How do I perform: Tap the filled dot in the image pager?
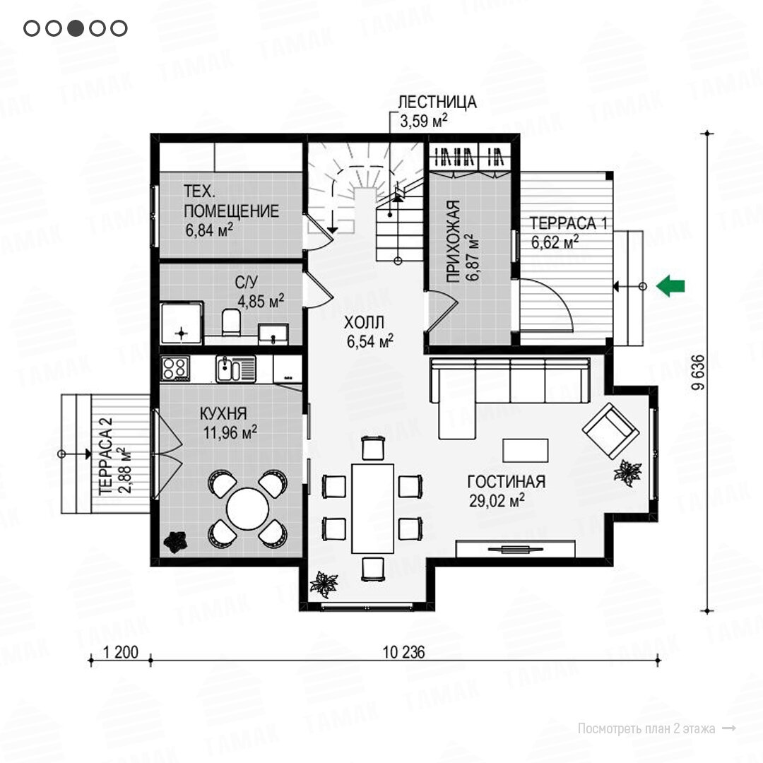click(x=76, y=28)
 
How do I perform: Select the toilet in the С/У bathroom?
click(x=231, y=321)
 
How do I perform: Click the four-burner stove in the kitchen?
click(x=175, y=368)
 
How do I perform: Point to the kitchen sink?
click(x=235, y=369)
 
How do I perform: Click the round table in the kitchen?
click(x=247, y=509)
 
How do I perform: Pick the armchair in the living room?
click(x=610, y=431)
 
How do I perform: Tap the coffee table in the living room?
click(x=526, y=450)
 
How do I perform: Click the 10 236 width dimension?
click(x=404, y=652)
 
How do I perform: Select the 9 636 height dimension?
click(x=698, y=372)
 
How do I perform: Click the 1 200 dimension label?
click(x=121, y=652)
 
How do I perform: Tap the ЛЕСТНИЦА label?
click(x=437, y=102)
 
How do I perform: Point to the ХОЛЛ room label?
click(x=364, y=322)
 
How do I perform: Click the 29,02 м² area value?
click(x=497, y=500)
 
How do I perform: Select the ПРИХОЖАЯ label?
click(x=454, y=241)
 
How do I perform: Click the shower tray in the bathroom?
click(x=181, y=323)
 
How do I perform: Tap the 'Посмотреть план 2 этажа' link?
click(x=646, y=728)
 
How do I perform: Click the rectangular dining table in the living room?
click(x=373, y=509)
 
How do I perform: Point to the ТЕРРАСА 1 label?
click(x=568, y=223)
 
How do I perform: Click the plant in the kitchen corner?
click(x=175, y=542)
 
